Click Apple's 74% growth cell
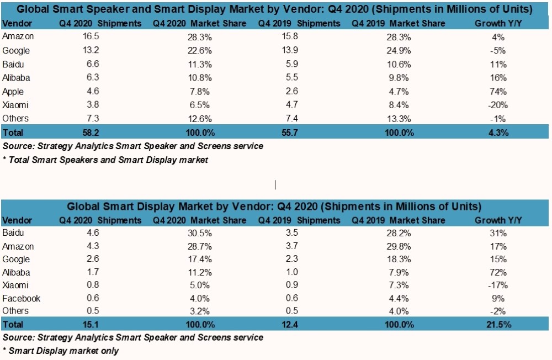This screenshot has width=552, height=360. coord(499,91)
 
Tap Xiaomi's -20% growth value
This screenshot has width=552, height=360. coord(499,105)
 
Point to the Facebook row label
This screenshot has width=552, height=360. coord(22,299)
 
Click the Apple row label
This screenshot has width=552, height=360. coord(13,91)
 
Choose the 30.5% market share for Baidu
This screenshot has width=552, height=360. coord(199,233)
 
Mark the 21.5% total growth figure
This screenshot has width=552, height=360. coord(499,324)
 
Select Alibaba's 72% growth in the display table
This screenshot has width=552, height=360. coord(499,272)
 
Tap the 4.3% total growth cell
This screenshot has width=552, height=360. coord(499,133)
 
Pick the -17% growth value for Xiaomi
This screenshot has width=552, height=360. coord(499,285)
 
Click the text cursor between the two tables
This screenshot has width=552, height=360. coord(275,184)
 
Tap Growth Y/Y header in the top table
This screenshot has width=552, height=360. coord(499,24)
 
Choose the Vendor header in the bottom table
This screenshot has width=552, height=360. coord(17,220)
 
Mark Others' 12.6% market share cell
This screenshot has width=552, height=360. coord(199,119)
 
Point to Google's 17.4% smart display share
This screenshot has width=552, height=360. coord(199,259)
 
